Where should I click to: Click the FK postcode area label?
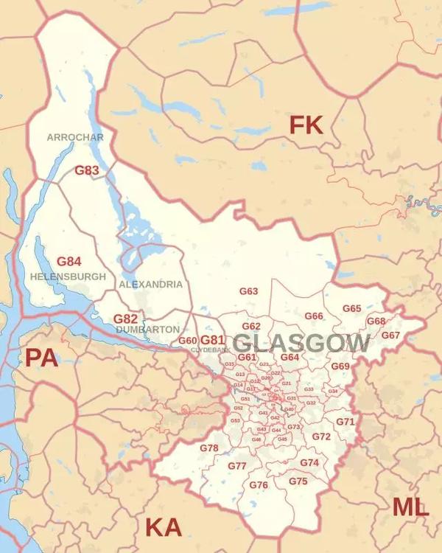coord(306,125)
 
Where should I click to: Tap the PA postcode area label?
coord(41,358)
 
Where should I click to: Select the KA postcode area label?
coord(163,526)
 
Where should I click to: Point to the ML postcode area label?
coord(410,507)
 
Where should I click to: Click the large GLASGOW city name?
coord(302,343)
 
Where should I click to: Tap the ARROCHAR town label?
coord(75,137)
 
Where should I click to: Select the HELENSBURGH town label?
coord(68,276)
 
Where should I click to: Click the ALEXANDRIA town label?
coord(150,284)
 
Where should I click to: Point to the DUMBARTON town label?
coord(147,329)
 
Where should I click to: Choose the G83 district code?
coord(87,170)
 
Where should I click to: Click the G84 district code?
coord(69,262)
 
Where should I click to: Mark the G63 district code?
coord(249,291)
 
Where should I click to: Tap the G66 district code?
coord(314,316)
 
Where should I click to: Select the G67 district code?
coord(390,335)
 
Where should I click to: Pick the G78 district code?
coord(209,448)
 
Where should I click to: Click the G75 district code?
coord(298,481)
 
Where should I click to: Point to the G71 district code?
coord(345,422)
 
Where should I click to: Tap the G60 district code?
coord(188,341)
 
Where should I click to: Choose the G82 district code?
coord(125,319)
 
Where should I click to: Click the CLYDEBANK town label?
coord(206,350)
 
